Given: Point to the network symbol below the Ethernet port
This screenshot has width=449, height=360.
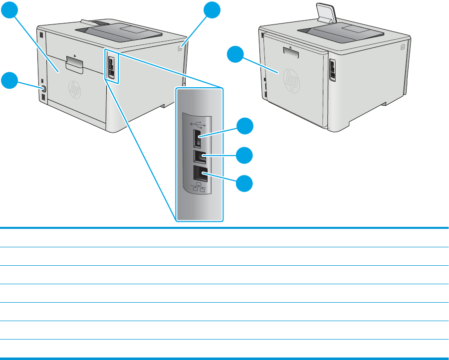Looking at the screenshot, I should (198, 189).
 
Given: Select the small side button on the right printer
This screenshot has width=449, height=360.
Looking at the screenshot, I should (402, 45).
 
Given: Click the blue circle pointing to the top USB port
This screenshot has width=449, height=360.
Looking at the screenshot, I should (245, 127).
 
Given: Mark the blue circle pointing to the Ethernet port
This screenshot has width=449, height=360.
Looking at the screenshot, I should (245, 184).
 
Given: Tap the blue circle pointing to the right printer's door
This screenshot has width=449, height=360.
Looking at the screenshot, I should (237, 54).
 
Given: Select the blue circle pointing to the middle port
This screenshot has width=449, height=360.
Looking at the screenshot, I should (245, 156).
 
